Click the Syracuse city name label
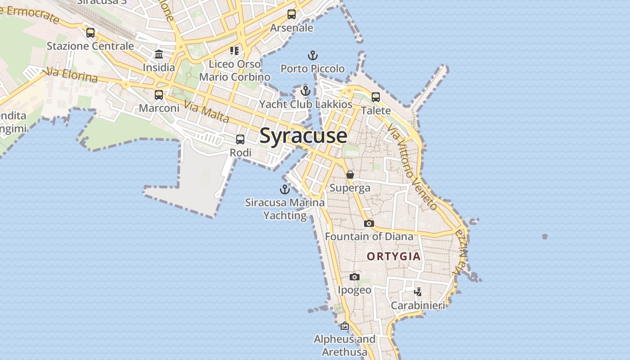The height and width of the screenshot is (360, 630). (x=303, y=135)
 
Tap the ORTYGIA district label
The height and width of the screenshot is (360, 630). (x=394, y=256)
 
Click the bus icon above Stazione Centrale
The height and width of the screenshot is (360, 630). (x=90, y=33)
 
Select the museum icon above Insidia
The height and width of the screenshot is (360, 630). (x=159, y=54)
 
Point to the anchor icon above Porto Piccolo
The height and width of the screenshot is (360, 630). (x=312, y=56)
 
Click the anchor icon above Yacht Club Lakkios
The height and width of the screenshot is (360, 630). (x=306, y=91)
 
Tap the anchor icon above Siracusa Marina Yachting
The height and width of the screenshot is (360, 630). (x=284, y=189)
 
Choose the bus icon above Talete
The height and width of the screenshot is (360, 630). (x=376, y=97)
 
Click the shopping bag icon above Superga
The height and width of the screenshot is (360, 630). (x=350, y=175)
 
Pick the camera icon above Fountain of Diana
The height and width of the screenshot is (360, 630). (x=369, y=223)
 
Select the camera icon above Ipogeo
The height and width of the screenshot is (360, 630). (x=355, y=277)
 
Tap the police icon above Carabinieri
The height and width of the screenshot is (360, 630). (x=418, y=292)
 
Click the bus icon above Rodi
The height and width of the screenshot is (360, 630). (x=240, y=139)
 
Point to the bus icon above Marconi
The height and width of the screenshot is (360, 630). (x=159, y=95)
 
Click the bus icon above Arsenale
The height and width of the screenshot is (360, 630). (x=292, y=14)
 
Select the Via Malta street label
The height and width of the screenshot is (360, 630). (x=207, y=112)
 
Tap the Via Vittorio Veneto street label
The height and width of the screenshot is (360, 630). (x=412, y=167)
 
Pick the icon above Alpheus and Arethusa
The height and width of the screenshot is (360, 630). (x=345, y=326)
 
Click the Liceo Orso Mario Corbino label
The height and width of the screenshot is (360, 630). (x=234, y=70)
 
